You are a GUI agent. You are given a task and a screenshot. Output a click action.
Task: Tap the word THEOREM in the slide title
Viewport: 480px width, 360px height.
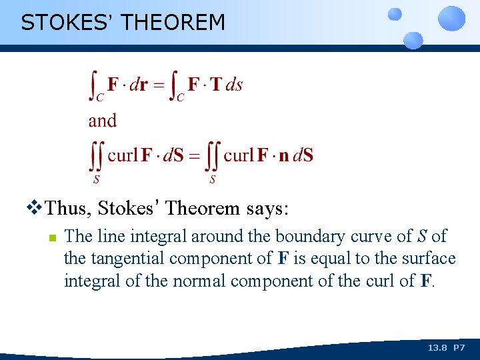[x=174, y=23]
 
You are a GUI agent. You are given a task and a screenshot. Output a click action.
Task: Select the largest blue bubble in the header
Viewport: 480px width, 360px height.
[x=451, y=18]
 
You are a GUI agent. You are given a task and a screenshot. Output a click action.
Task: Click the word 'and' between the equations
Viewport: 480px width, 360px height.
[x=103, y=121]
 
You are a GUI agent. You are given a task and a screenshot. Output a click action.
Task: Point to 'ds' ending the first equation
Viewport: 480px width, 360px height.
[x=234, y=85]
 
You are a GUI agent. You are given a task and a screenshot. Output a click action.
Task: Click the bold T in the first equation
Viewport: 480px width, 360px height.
[x=215, y=85]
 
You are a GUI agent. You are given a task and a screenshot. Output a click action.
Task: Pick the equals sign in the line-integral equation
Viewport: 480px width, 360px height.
[x=159, y=85]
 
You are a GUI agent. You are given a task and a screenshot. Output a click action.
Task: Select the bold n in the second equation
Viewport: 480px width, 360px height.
[x=284, y=156]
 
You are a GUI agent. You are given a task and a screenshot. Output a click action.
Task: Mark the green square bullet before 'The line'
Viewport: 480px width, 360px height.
[x=51, y=237]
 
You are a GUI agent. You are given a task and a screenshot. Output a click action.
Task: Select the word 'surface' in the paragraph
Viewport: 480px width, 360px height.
[x=429, y=259]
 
